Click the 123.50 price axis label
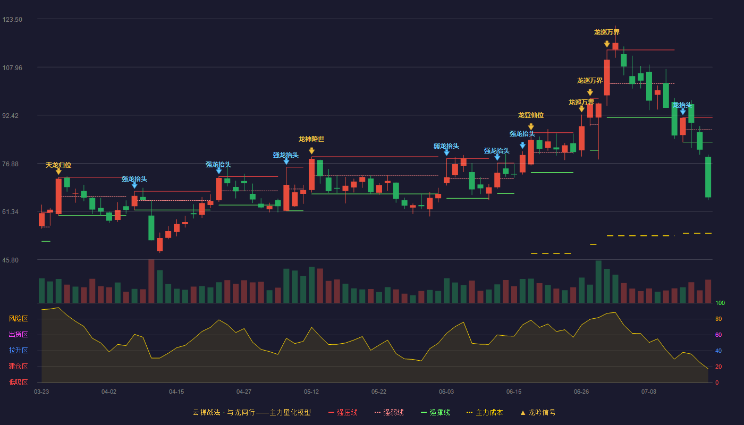(12, 20)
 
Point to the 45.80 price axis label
(10, 260)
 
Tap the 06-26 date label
(581, 392)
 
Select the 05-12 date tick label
(311, 392)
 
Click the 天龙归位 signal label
(58, 165)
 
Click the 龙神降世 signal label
(311, 139)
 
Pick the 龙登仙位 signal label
(531, 115)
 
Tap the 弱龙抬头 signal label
(446, 146)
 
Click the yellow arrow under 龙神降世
(311, 151)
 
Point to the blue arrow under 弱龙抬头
(447, 153)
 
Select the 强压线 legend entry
(343, 412)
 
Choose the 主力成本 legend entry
(485, 412)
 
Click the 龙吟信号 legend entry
(538, 412)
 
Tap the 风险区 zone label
(18, 319)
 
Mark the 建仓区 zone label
(18, 367)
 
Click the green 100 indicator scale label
(720, 303)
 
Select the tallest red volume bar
(151, 281)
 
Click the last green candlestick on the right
(708, 177)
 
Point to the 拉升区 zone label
(18, 351)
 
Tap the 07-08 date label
(649, 392)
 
